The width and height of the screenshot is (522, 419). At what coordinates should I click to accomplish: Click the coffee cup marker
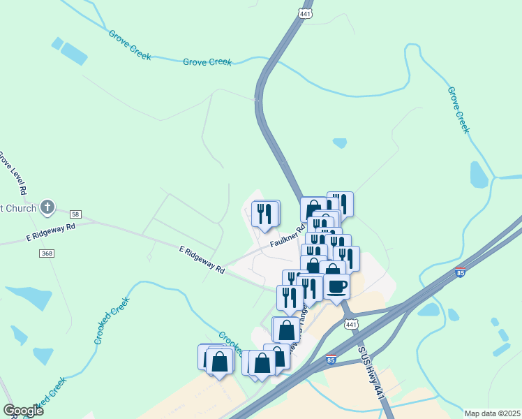tap(336, 286)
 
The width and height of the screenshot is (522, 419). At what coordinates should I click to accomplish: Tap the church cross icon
tap(47, 207)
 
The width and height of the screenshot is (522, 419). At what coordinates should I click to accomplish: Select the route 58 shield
tap(75, 213)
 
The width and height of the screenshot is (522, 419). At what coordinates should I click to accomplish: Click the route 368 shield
tap(47, 253)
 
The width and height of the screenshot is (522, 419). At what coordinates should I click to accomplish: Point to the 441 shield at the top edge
tap(305, 13)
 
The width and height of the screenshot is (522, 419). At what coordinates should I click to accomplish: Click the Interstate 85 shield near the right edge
tap(460, 273)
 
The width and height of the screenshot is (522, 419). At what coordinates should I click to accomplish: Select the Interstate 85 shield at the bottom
tap(331, 361)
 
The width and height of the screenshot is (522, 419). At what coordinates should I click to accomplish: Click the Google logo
tap(24, 411)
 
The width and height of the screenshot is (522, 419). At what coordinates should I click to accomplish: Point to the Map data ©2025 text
tap(491, 413)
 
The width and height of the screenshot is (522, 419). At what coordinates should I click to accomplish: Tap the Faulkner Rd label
tap(288, 236)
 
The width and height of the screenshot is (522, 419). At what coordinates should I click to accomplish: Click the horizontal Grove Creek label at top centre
tap(207, 62)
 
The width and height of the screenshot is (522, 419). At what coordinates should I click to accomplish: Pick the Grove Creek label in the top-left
tap(129, 45)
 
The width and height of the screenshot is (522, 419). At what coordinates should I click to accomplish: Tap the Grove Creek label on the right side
tap(458, 110)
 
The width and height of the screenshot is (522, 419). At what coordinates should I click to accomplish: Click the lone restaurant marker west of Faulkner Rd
tap(264, 214)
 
